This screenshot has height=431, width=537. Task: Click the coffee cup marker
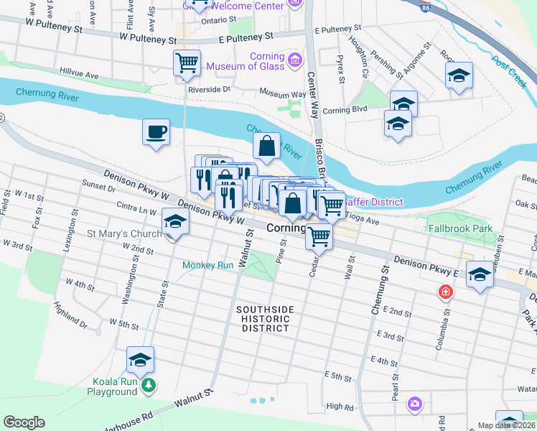point(156,133)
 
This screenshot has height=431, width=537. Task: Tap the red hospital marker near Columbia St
point(445,292)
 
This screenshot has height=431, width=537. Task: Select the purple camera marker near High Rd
point(414,404)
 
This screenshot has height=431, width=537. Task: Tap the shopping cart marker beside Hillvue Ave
point(187,62)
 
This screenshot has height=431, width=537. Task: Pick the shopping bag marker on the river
point(266,147)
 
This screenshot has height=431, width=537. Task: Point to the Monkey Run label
point(208,265)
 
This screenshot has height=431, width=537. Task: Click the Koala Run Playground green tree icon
point(149,386)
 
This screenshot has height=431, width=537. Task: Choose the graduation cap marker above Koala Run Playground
point(141,360)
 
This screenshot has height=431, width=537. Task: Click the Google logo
point(24,422)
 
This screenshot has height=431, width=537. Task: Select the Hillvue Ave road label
point(80,75)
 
